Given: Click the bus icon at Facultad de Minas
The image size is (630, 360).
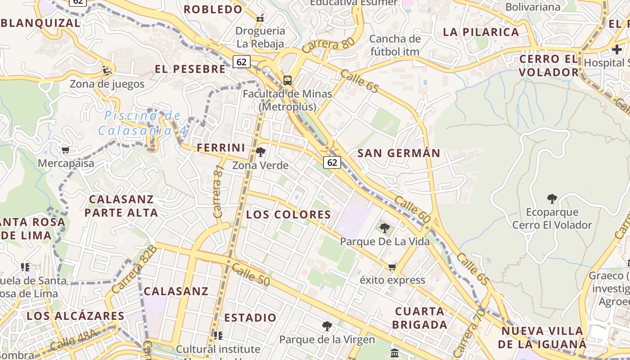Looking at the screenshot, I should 288,81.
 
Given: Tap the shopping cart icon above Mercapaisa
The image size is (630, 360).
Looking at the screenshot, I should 66,150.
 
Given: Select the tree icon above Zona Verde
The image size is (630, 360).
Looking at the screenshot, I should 261,152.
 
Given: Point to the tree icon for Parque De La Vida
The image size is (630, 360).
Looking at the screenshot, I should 384,228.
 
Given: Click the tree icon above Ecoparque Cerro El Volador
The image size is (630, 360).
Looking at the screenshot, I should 552,198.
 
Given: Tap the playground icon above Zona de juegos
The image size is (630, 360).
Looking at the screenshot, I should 107,70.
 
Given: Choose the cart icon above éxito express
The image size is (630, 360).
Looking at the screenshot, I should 392,267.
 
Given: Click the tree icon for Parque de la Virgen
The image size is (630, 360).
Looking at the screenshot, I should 327,326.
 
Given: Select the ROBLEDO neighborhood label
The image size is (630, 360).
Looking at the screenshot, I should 213,9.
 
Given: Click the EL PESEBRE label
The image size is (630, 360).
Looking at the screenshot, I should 190,69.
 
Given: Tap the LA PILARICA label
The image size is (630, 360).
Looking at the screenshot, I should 481,32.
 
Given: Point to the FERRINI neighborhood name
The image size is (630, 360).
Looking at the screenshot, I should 221,148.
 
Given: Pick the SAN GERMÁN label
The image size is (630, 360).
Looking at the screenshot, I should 399,153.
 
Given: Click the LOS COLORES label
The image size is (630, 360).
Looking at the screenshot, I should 288,215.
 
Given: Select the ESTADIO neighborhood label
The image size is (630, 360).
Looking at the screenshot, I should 250,318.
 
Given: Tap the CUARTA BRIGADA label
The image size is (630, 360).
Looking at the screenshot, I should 419,318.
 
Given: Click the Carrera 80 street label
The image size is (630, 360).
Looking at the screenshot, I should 328,45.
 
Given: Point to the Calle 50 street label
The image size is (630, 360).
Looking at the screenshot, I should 251,275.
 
